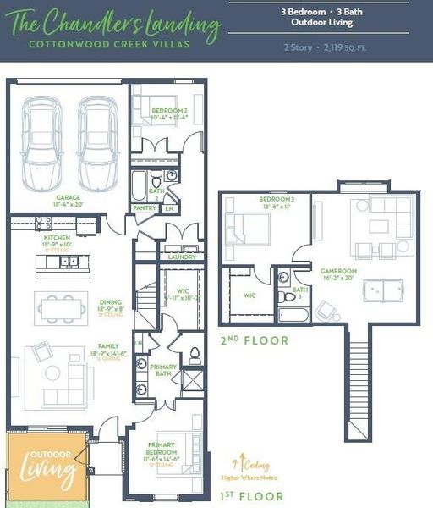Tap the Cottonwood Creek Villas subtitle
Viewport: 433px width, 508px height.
pos(108,43)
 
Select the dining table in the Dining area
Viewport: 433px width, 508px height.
pos(61,308)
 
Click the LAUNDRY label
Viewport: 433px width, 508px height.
pos(182,257)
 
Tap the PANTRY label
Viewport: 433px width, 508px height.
pos(144,207)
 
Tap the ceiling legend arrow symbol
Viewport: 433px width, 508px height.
pos(235,463)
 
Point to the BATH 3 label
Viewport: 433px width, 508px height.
pos(300,290)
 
